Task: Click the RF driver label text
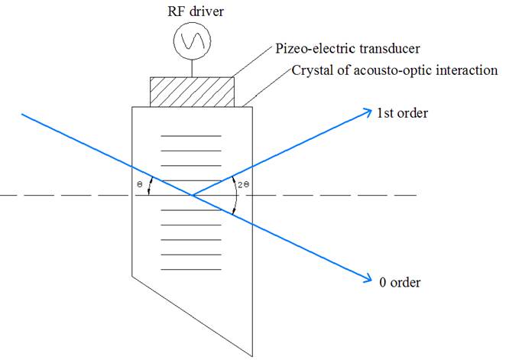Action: coord(196,12)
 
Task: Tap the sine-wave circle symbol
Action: coord(192,41)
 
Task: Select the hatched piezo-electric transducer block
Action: coord(192,92)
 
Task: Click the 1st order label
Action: coord(402,113)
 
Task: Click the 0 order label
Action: coord(400,282)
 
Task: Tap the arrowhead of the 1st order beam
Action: coord(369,112)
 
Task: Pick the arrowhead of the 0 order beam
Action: coord(369,279)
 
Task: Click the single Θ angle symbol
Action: coord(139,184)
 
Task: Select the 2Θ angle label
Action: coord(244,185)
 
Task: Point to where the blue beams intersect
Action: coord(192,195)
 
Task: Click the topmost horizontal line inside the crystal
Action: coord(191,136)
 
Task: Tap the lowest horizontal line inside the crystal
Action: coord(191,269)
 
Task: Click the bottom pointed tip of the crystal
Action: coord(252,356)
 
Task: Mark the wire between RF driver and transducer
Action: coord(192,68)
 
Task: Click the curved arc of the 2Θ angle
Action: coord(237,195)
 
